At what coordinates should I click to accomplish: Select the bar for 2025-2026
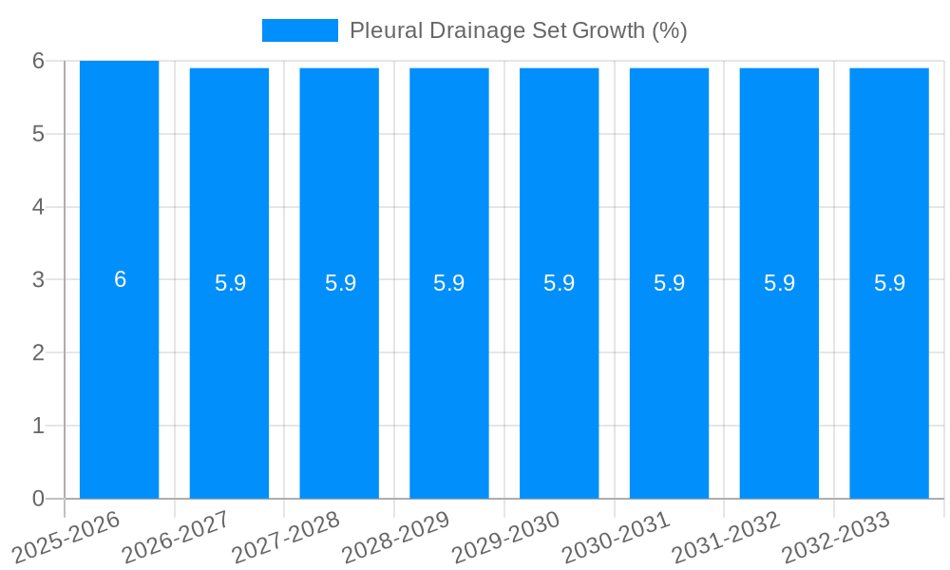[119, 380]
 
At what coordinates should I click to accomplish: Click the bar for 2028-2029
[448, 380]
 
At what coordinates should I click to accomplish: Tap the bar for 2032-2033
[889, 380]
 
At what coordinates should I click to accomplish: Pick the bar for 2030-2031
[669, 380]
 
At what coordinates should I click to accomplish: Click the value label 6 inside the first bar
[120, 279]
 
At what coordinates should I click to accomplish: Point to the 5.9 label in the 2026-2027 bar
[230, 283]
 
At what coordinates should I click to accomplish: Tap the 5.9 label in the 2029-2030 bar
[559, 283]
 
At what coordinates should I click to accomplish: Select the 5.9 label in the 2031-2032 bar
[779, 283]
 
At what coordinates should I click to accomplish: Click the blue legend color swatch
[299, 30]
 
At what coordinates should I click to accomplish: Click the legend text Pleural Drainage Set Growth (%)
[518, 30]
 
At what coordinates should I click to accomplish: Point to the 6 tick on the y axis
[38, 61]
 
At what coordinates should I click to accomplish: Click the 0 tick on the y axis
[38, 499]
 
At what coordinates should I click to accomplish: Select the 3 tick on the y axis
[38, 279]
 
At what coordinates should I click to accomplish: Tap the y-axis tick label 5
[38, 134]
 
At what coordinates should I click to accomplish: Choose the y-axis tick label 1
[38, 426]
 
